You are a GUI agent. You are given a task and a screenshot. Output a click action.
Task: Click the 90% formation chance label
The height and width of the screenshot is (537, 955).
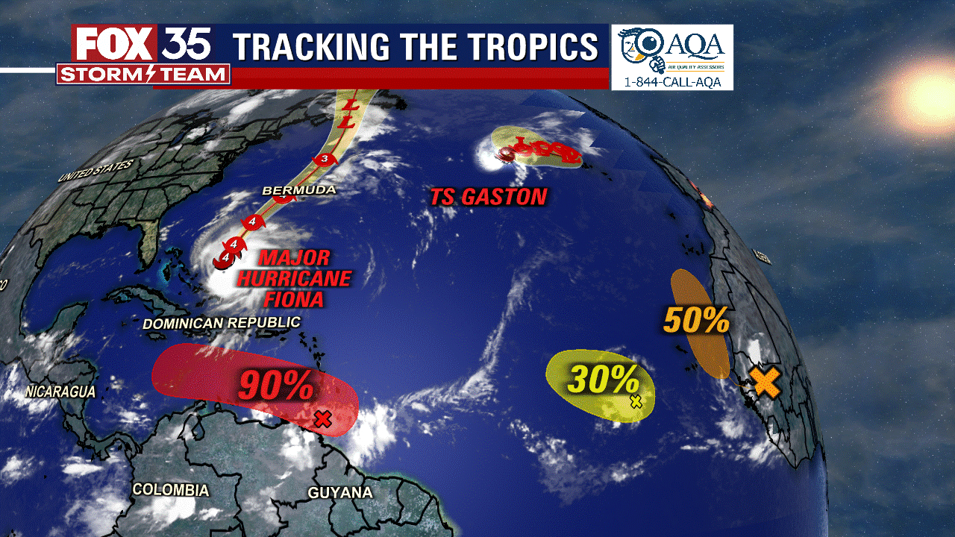point(275,385)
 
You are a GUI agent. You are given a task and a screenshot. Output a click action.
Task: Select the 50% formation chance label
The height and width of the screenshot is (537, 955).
point(696,320)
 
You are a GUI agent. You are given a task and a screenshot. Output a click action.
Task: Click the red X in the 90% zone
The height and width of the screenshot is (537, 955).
point(322,418)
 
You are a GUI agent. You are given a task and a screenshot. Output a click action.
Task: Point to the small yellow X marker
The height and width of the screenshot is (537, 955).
point(636,401)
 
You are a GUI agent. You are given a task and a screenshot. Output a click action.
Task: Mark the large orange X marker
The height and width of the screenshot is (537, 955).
point(765,382)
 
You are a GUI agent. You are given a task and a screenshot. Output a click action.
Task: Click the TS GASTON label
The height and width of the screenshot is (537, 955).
point(488,197)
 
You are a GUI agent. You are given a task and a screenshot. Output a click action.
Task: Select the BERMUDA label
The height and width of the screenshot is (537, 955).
point(298,190)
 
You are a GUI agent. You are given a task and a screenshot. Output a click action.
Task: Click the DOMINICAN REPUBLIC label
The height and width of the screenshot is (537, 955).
point(221,323)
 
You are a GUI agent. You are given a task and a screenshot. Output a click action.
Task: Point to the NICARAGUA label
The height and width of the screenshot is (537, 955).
point(60,391)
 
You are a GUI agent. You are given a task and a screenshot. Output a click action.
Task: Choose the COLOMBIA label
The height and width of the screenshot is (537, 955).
point(170,490)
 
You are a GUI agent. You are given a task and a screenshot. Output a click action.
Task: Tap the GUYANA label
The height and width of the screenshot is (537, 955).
point(340,493)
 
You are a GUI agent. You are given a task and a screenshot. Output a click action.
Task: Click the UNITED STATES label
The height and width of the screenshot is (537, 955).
point(95,171)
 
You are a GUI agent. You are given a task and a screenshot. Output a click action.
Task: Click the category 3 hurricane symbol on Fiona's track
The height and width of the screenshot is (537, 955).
point(325,158)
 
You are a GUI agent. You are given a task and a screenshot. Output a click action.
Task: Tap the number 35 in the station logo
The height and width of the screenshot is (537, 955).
point(187,44)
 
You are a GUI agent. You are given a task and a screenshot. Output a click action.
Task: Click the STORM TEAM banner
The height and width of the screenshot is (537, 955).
point(143,74)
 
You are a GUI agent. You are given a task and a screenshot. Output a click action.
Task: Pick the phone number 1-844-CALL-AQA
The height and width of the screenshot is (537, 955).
point(672,82)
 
